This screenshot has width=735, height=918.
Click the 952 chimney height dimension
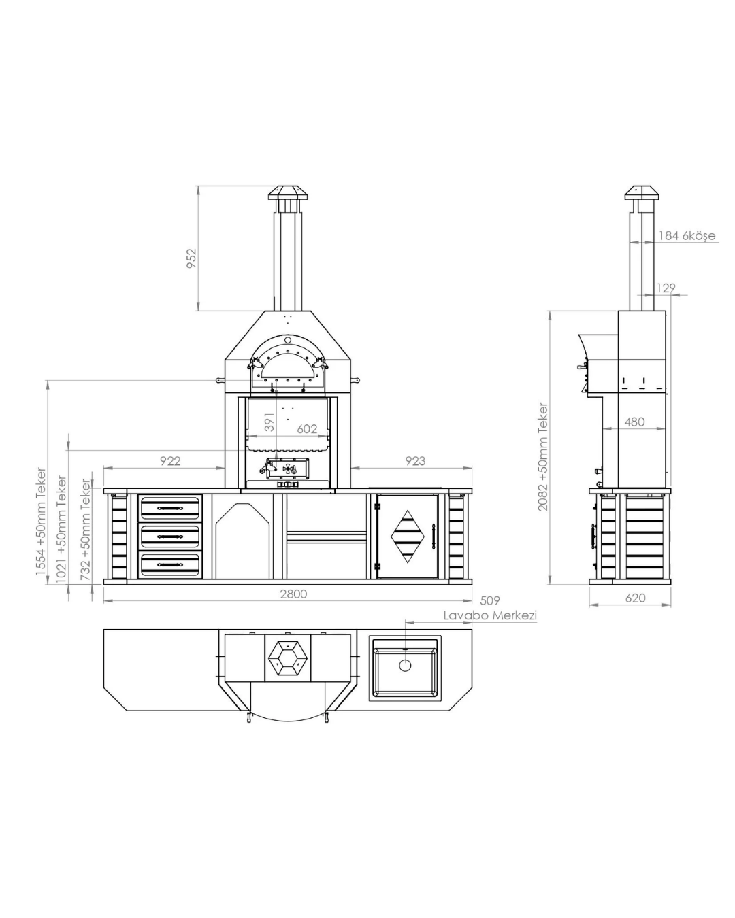[191, 258]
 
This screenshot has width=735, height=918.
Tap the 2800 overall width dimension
[293, 594]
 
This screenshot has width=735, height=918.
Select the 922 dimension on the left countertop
[170, 461]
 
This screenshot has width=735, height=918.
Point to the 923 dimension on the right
[415, 461]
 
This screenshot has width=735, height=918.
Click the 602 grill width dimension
[307, 428]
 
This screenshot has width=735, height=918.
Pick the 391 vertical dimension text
[269, 422]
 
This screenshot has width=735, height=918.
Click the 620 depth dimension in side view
[635, 598]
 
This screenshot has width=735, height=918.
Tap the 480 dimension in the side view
[634, 422]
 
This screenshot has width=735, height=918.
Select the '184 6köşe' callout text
[687, 235]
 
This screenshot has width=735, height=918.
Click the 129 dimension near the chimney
[666, 288]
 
